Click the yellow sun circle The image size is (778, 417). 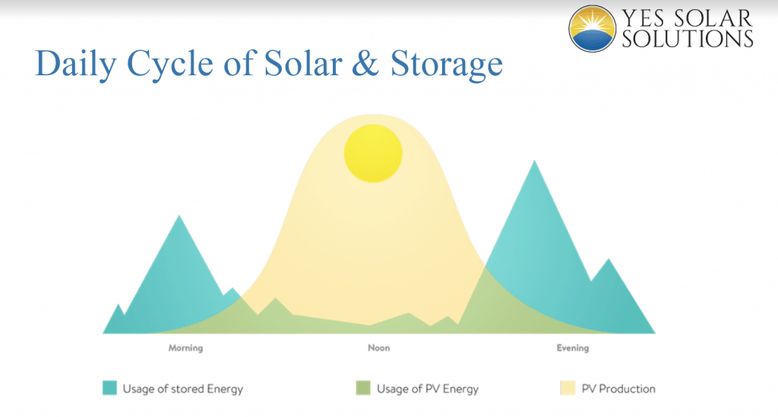pos(373,153)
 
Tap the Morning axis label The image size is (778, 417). pos(185,348)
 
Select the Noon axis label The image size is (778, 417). pos(378,348)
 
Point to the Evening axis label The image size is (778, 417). pos(573,348)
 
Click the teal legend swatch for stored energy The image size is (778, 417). pos(109,387)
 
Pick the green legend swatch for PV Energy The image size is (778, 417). pos(363,387)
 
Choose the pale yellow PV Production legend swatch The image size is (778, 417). pos(568,387)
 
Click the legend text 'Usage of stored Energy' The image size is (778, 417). pos(183,389)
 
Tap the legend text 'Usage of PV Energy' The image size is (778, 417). pos(428,389)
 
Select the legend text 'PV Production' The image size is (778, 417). pos(618,388)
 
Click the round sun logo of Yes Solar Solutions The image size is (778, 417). pos(592,29)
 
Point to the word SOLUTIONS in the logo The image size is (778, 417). pos(688,39)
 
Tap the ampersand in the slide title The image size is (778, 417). pos(365,64)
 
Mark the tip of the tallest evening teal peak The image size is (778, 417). pos(534,160)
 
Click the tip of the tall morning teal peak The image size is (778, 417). pos(179,215)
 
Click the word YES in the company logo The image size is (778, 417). pos(644,18)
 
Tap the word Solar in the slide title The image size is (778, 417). pos(303,64)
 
